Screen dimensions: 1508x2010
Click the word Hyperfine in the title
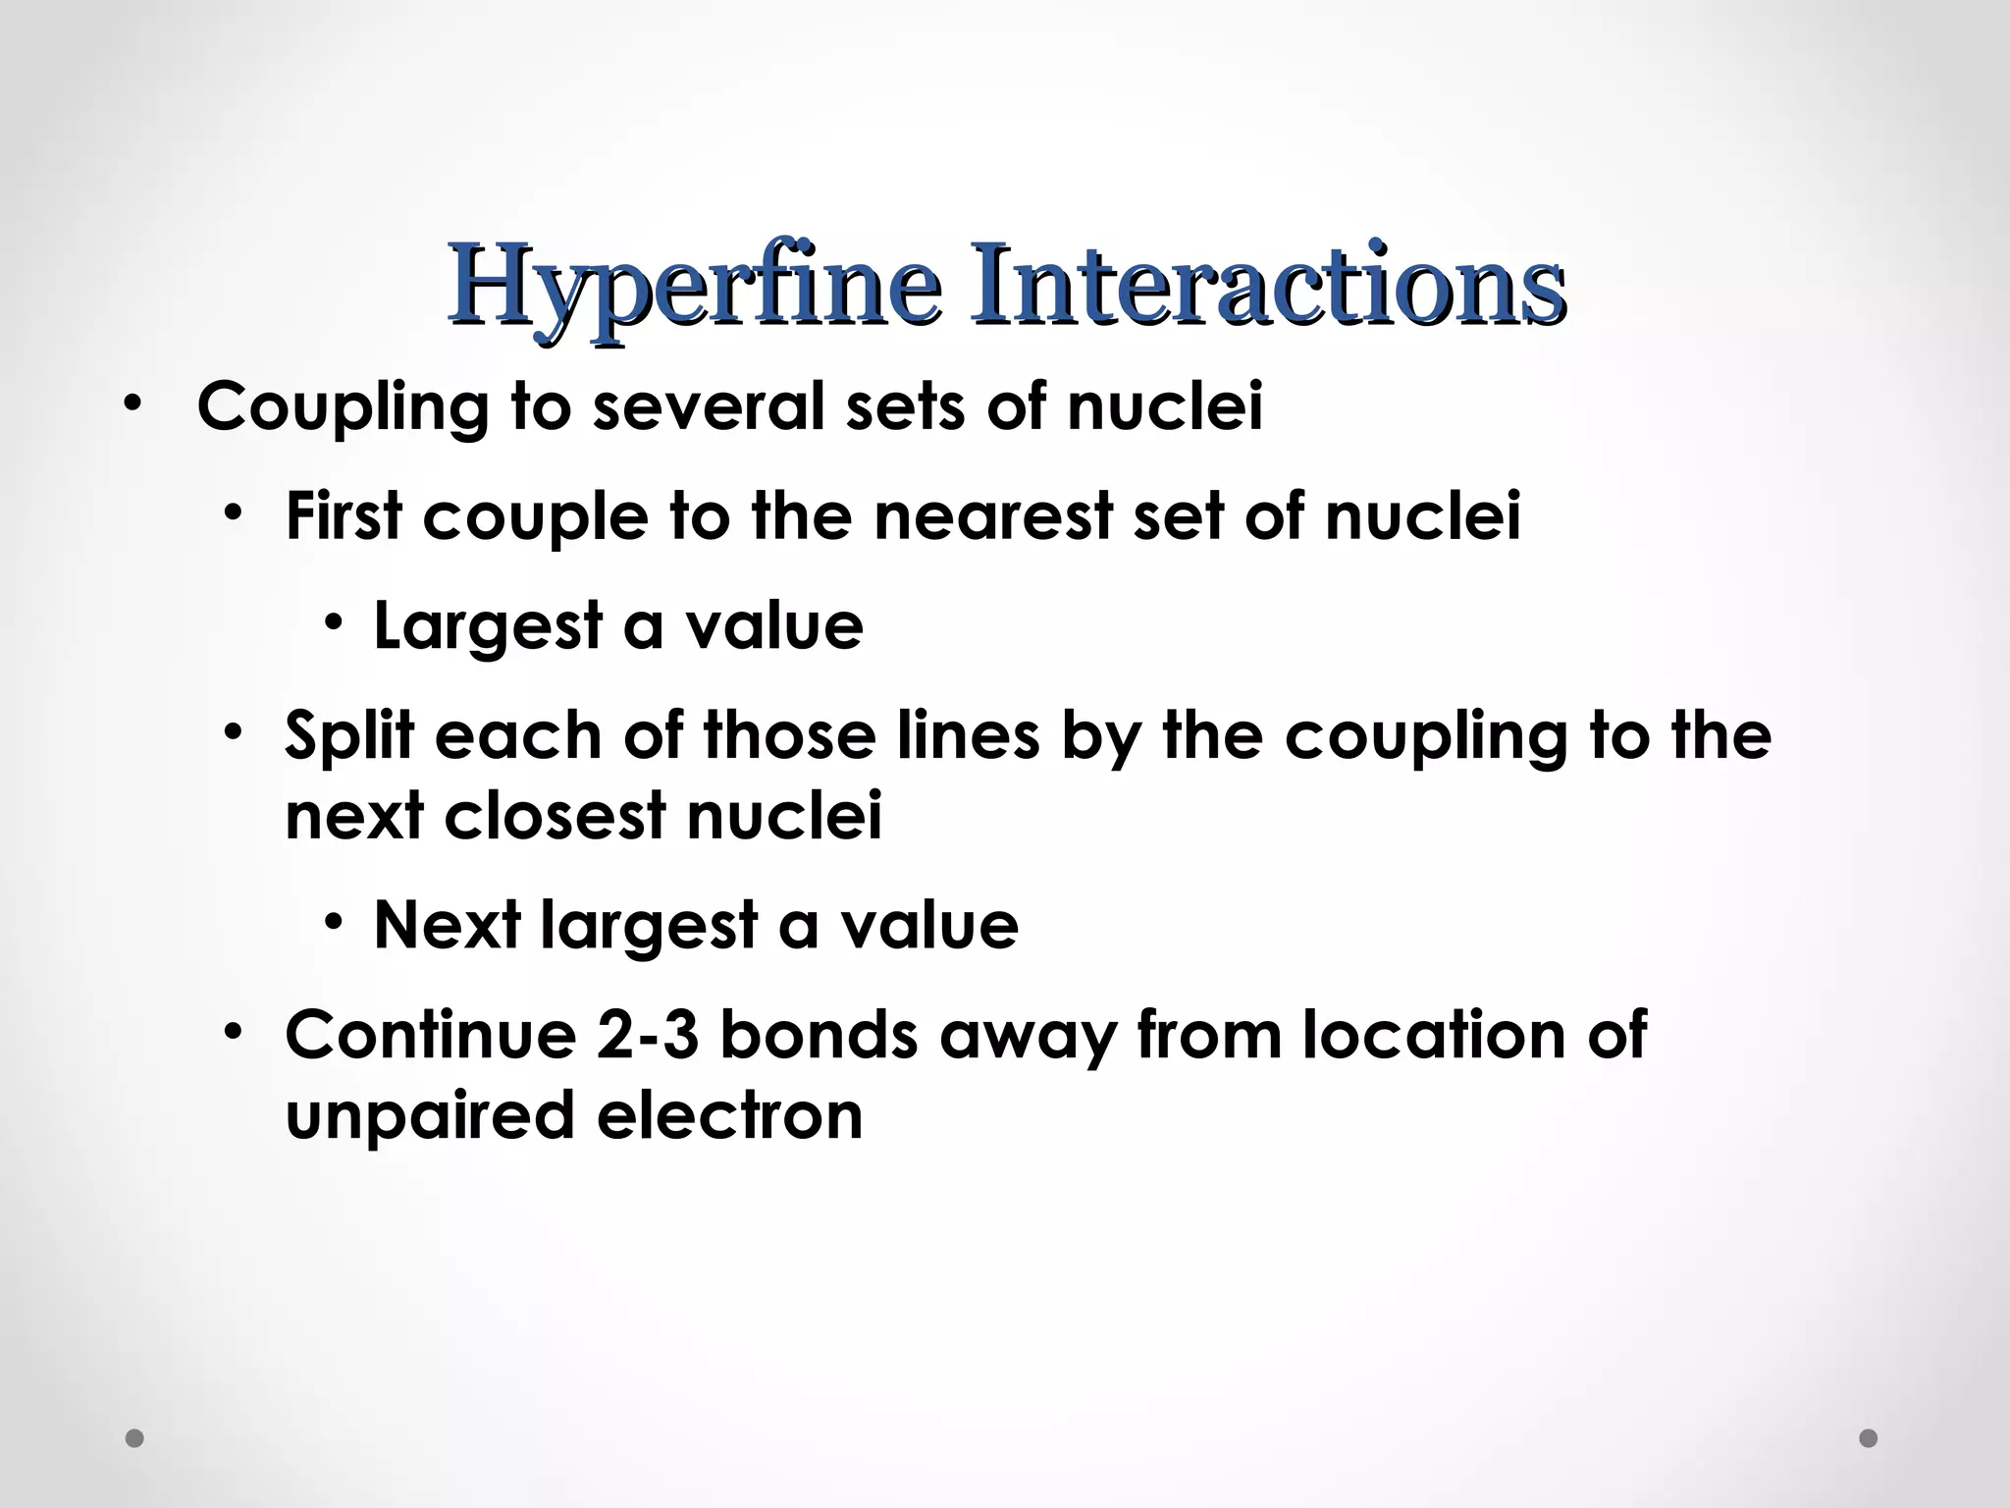pyautogui.click(x=694, y=287)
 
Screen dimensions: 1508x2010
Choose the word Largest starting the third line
pyautogui.click(x=488, y=626)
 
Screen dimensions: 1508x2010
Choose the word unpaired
pyautogui.click(x=429, y=1117)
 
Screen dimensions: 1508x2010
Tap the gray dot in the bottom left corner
pyautogui.click(x=135, y=1438)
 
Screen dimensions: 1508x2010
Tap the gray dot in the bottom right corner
pyautogui.click(x=1869, y=1438)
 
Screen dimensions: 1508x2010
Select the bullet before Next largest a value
pyautogui.click(x=336, y=923)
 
